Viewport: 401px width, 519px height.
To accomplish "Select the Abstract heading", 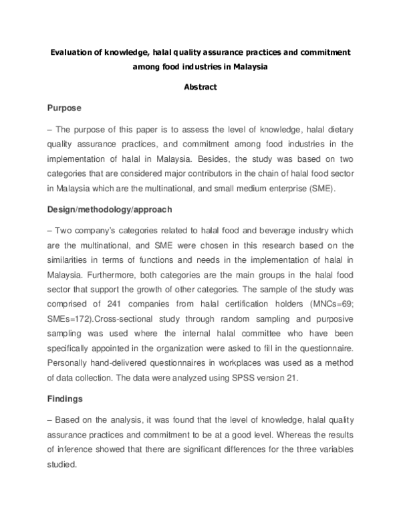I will [x=200, y=87].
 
